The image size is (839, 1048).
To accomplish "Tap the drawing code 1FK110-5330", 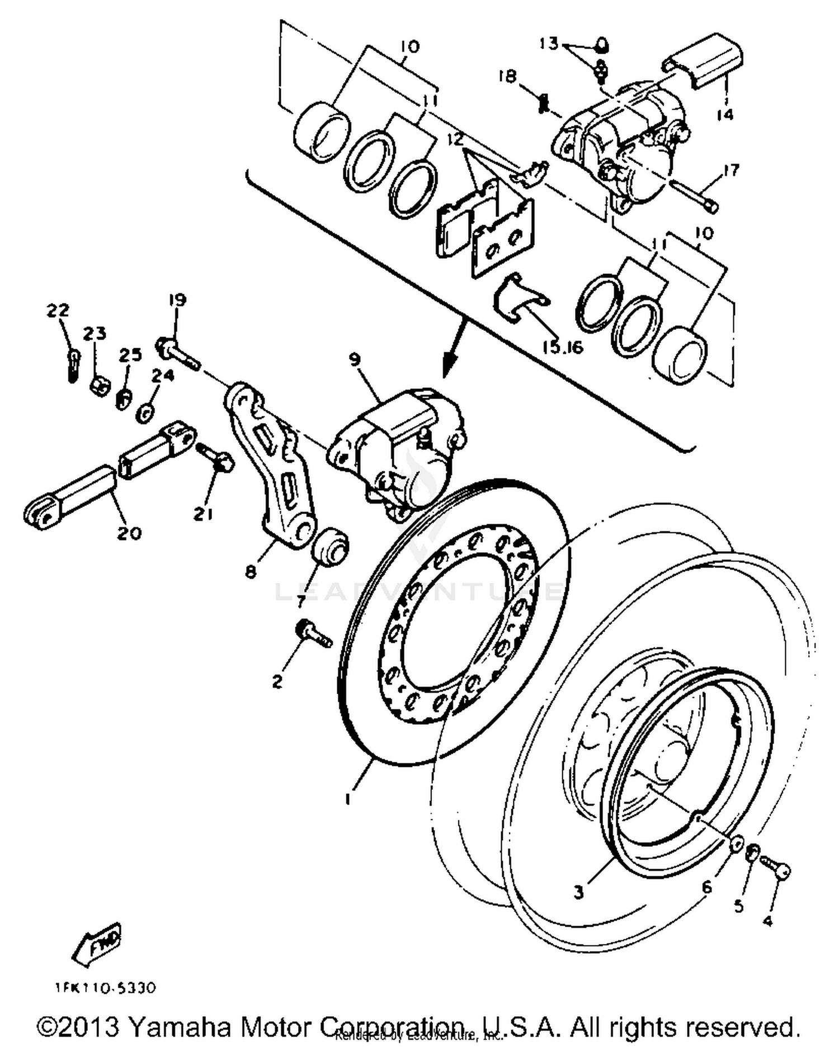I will tap(105, 988).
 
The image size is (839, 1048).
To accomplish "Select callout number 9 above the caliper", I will tap(355, 359).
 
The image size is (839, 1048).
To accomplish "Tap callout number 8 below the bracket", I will tap(251, 572).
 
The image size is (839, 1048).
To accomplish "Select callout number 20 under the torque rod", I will tap(129, 533).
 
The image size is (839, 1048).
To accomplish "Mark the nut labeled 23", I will tap(98, 385).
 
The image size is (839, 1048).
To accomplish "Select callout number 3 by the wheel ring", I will tap(578, 893).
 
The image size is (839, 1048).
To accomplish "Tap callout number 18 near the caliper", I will tap(508, 76).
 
